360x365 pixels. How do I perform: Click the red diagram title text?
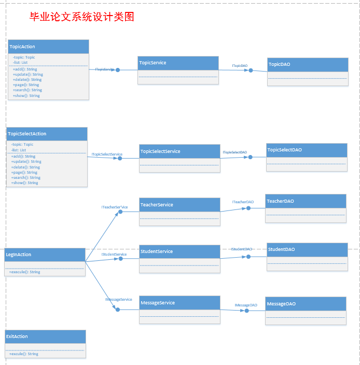[82, 17]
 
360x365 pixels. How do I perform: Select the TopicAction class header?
[48, 47]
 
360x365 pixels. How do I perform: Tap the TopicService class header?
[178, 63]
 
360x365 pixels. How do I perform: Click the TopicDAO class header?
[307, 64]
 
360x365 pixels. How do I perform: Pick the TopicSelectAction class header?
[47, 134]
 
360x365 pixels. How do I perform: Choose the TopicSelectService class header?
[179, 151]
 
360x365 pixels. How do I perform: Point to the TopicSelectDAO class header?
[307, 150]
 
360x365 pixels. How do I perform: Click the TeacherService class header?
[179, 205]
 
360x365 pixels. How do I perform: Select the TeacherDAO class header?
[306, 201]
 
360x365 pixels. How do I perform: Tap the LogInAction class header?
[45, 255]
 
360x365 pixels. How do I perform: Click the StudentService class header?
[179, 251]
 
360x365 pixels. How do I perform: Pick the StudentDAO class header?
[307, 249]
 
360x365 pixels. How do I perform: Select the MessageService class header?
[179, 303]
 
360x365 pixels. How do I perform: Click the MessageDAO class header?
[306, 304]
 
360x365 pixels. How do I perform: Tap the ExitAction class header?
[45, 336]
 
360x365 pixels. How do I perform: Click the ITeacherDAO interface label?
[243, 202]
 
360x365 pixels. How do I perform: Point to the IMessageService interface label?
[119, 300]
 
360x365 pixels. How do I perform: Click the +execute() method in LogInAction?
[24, 272]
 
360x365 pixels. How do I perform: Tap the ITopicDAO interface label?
[240, 66]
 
